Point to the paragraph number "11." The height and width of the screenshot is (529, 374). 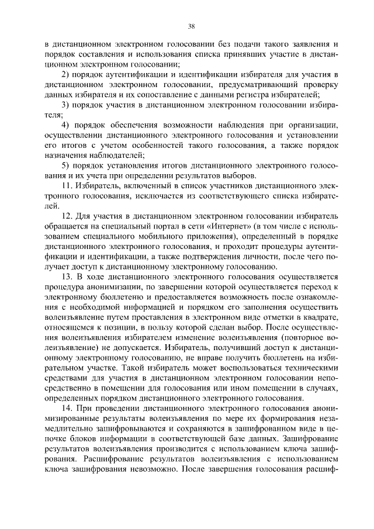tap(67, 186)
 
